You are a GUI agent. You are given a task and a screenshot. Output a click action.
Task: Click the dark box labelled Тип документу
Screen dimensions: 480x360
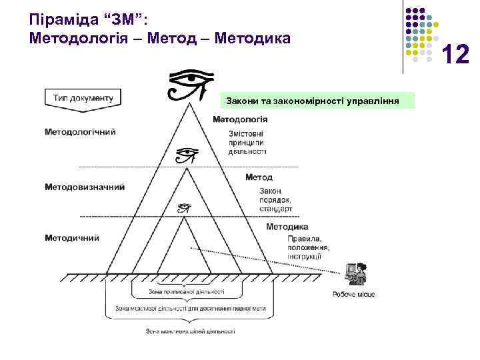pos(83,97)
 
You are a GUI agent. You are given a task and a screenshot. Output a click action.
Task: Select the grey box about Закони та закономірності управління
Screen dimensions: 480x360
pos(313,101)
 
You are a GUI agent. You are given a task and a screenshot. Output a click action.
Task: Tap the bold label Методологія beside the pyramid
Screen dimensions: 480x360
pos(241,119)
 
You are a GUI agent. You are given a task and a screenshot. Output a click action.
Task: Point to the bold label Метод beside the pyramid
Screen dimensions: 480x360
pos(259,177)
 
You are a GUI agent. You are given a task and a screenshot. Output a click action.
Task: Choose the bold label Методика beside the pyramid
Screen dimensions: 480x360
pos(287,227)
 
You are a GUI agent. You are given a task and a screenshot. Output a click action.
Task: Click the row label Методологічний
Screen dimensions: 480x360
pos(80,131)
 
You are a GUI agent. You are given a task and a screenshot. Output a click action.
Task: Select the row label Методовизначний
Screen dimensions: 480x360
pos(85,187)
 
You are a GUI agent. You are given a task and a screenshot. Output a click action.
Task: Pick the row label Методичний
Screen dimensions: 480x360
pos(72,237)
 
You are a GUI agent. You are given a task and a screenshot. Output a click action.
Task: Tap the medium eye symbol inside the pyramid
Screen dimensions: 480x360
pos(187,156)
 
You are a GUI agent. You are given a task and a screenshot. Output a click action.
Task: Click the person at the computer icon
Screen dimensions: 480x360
pos(354,274)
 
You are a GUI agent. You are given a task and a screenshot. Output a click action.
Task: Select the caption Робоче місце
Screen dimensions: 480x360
pos(353,294)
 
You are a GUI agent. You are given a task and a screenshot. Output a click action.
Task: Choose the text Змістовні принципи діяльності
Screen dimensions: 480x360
pos(246,141)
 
